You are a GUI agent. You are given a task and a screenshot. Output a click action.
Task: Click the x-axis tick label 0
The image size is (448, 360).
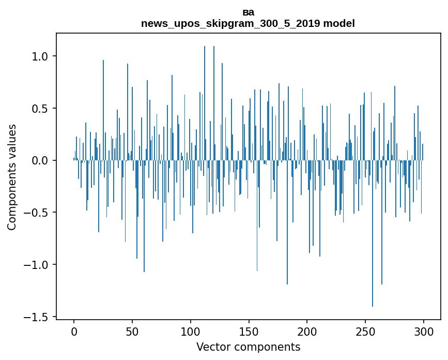(74, 331)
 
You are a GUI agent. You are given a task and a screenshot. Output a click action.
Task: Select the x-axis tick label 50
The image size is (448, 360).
(132, 331)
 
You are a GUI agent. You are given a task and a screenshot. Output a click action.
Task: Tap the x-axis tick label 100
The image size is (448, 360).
(191, 331)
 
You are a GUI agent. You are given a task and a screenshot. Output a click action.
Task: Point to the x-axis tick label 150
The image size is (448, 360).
(249, 331)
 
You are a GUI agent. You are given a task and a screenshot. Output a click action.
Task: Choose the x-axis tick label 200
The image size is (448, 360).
(307, 331)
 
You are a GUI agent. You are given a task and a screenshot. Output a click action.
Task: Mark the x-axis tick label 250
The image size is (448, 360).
(365, 331)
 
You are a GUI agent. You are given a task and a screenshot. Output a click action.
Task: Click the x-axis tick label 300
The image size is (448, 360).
(424, 331)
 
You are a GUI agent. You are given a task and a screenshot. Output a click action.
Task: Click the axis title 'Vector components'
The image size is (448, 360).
(248, 347)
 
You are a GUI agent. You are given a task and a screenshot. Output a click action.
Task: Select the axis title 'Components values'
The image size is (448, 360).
(12, 177)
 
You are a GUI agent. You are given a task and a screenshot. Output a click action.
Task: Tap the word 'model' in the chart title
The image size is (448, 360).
(338, 24)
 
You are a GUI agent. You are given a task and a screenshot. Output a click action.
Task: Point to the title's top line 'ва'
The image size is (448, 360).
(248, 12)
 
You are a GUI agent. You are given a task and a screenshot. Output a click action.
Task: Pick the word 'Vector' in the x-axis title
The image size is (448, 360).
(212, 347)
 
